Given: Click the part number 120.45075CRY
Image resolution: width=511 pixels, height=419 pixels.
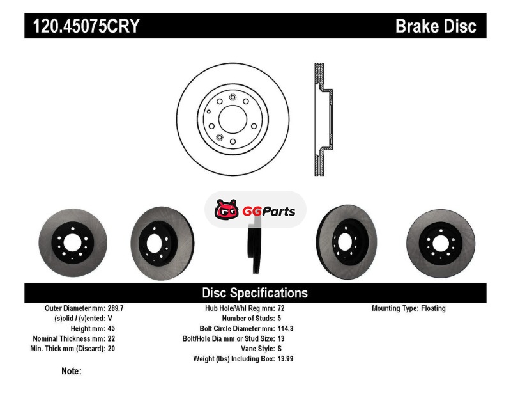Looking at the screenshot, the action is click(x=86, y=26).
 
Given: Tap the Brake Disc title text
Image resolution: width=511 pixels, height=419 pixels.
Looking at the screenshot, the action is click(x=436, y=26).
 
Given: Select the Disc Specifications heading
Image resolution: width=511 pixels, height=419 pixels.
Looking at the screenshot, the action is click(x=255, y=293).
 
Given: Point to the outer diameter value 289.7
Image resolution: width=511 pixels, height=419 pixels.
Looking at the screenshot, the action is click(x=116, y=308).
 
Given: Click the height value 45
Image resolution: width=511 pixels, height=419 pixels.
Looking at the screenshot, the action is click(x=111, y=328).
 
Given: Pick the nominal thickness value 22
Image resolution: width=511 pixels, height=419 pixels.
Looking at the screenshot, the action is click(x=111, y=338).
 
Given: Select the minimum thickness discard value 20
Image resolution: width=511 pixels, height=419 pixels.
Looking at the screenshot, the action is click(x=111, y=349).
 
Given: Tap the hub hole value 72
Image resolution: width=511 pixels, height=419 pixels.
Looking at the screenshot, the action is click(x=281, y=308).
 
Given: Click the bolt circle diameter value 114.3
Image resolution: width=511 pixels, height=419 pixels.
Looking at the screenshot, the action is click(x=286, y=328).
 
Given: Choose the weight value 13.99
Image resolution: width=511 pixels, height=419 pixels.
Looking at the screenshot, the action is click(x=286, y=359).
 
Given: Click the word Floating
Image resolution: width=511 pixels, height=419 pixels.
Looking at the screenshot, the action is click(x=433, y=308).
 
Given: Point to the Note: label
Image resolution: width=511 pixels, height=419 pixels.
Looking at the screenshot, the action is click(x=72, y=371).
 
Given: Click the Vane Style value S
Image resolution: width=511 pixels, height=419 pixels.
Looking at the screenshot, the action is click(x=280, y=349).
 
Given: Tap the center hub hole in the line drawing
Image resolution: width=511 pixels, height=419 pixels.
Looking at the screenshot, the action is click(x=233, y=119).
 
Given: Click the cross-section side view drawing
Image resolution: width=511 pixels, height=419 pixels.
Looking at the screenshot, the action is click(x=323, y=119).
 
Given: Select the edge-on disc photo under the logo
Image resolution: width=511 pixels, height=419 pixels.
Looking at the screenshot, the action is click(x=255, y=248).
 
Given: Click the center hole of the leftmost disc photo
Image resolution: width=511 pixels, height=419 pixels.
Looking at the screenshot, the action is click(x=72, y=243).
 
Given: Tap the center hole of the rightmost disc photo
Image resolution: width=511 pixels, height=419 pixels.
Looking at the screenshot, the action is click(x=441, y=244).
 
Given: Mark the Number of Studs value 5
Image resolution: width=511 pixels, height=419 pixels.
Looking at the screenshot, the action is click(x=279, y=318).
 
